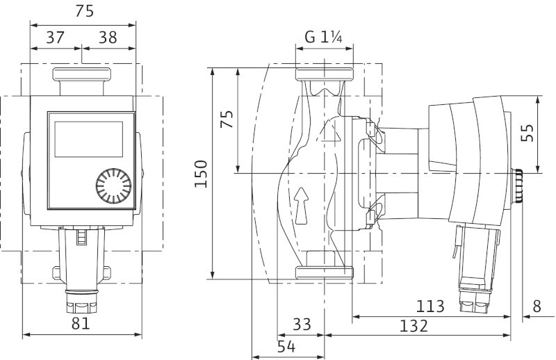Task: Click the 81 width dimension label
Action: (x=81, y=323)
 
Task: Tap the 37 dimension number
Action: (x=56, y=38)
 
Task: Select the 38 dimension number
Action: (x=108, y=38)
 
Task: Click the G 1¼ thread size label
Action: (x=323, y=37)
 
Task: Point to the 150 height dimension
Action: (x=201, y=174)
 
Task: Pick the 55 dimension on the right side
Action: (x=528, y=133)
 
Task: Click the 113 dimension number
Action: (x=430, y=306)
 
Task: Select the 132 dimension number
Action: (x=414, y=325)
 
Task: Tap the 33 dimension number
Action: (x=302, y=324)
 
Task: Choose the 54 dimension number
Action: (x=286, y=347)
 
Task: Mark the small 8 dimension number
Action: (x=537, y=306)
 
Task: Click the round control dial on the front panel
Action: (x=113, y=186)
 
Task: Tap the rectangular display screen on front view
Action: (x=89, y=139)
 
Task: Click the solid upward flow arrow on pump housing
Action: (x=302, y=206)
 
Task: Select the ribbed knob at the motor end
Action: (x=518, y=186)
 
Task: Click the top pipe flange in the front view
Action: (x=82, y=74)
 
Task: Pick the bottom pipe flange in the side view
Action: (x=324, y=272)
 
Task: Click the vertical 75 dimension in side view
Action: (x=227, y=119)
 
